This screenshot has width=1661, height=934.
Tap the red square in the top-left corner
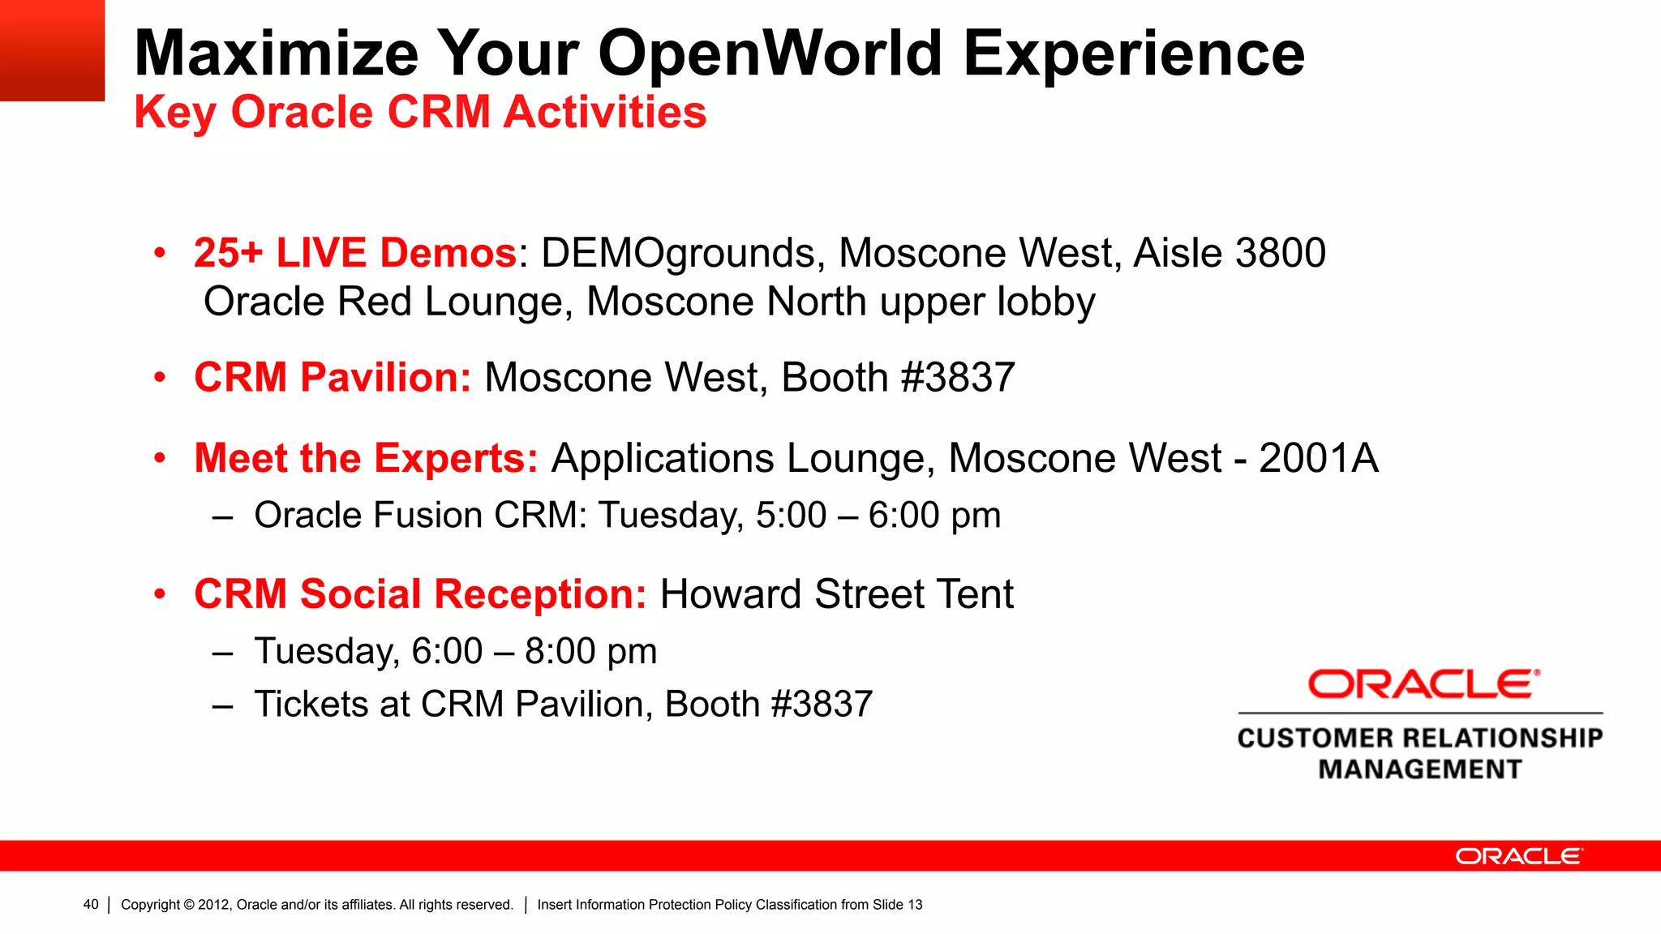52,50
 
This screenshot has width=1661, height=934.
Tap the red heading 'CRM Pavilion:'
333,378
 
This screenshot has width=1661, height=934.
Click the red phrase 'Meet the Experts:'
366,459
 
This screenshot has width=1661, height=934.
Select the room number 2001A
1318,459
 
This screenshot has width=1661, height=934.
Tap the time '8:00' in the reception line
560,652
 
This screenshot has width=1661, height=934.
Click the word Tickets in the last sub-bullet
315,705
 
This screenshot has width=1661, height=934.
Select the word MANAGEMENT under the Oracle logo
1420,769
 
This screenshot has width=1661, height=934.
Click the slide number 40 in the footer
91,905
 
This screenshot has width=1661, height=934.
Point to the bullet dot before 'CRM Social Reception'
161,594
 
